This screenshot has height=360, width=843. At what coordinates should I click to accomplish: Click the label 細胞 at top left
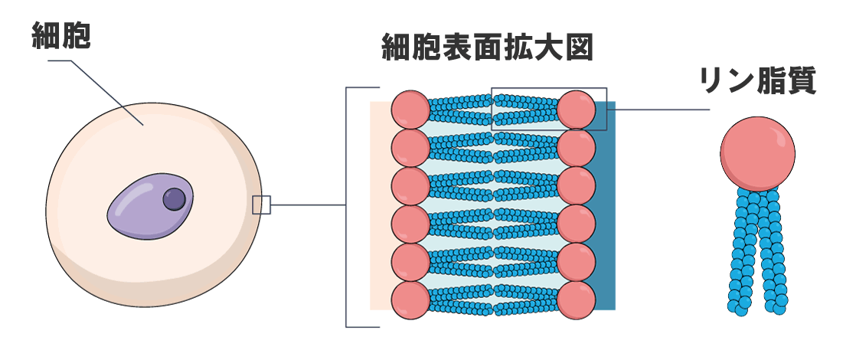60,36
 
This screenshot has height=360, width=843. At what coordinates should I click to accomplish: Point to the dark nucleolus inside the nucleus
175,198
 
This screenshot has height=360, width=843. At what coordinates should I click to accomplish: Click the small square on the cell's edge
261,205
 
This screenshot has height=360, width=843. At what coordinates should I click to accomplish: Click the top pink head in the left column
411,110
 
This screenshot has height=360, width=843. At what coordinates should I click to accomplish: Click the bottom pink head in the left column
411,299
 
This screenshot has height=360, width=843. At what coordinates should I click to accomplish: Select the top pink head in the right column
577,110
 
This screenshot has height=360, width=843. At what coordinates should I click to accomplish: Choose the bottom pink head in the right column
577,299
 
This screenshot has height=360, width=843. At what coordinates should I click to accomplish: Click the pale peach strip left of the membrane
380,207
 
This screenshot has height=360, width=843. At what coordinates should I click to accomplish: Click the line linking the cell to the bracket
306,205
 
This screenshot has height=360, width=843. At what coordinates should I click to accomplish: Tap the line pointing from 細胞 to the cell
107,92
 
